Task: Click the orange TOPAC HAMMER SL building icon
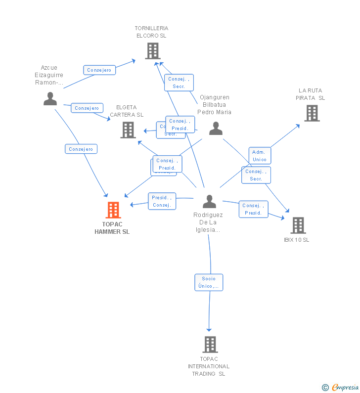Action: tap(113, 210)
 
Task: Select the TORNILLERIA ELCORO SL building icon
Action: tap(152, 50)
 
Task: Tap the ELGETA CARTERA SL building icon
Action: tap(128, 130)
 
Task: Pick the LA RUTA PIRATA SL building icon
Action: tap(312, 113)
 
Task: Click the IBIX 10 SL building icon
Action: tap(298, 225)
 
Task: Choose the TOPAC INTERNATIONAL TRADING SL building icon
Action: tap(210, 344)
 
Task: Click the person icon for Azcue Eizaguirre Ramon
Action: tap(50, 99)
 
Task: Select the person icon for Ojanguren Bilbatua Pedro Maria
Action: tap(216, 129)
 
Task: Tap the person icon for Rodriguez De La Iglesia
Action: tap(210, 202)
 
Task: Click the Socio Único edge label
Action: tap(209, 282)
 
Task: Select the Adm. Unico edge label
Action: tap(259, 156)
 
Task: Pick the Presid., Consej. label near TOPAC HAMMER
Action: tap(162, 201)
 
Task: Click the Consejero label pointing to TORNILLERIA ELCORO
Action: tap(99, 70)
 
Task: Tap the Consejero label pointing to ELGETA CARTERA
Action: tap(87, 108)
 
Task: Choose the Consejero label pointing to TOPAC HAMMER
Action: tap(81, 149)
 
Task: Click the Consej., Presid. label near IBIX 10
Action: tap(253, 209)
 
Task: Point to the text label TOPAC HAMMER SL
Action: tap(112, 228)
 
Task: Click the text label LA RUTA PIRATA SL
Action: tap(310, 94)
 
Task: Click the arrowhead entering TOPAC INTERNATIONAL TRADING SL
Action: tap(209, 329)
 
